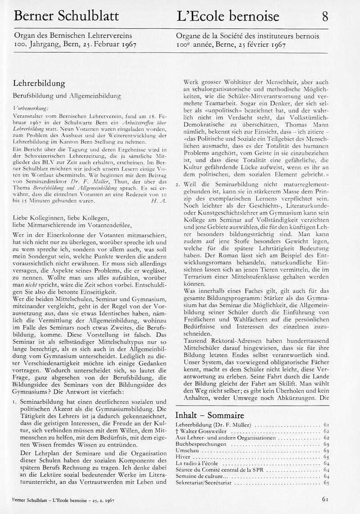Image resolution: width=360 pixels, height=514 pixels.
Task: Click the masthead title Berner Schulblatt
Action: pyautogui.click(x=66, y=17)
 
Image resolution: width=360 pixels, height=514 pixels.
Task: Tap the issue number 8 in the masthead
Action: pyautogui.click(x=325, y=17)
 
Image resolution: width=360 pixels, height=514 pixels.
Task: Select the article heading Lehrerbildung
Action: pyautogui.click(x=39, y=84)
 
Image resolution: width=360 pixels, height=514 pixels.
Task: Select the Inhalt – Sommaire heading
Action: pyautogui.click(x=209, y=415)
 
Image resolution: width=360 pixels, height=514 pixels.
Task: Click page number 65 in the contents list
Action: pyautogui.click(x=326, y=483)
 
